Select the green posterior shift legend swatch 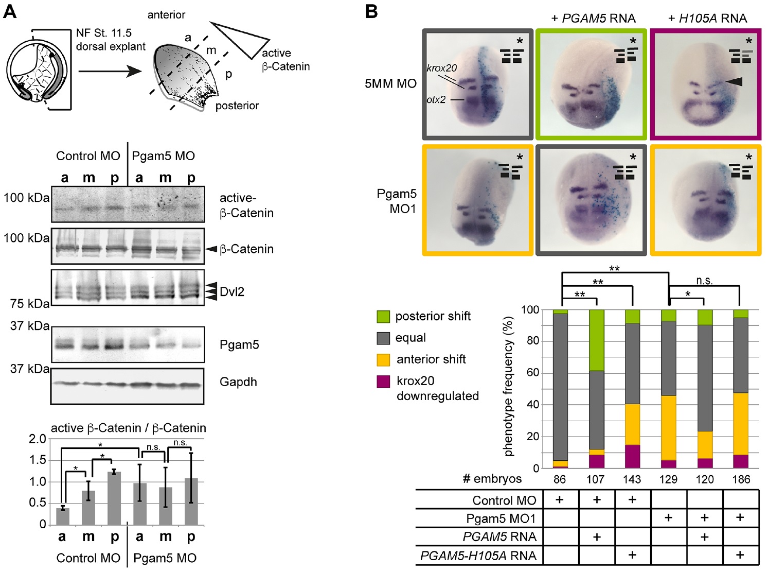click(x=383, y=316)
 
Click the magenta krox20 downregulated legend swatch click(x=383, y=381)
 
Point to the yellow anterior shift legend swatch click(x=383, y=359)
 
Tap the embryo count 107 click(x=595, y=479)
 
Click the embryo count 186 click(x=740, y=479)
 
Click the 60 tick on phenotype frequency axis click(x=532, y=373)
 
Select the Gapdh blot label click(x=238, y=382)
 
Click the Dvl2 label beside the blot click(x=232, y=292)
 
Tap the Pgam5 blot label click(x=239, y=345)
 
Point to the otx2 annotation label click(x=436, y=100)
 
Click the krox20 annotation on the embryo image click(x=441, y=68)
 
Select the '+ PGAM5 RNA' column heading click(x=593, y=19)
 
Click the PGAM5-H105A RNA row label click(x=478, y=556)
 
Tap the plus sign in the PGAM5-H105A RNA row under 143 click(x=632, y=555)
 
